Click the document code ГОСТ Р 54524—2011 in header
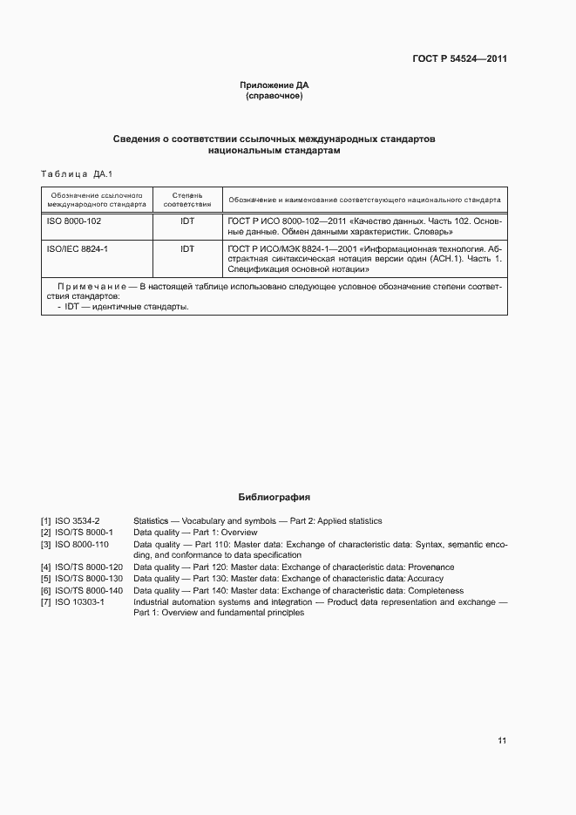(x=459, y=59)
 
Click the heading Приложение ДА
(x=274, y=85)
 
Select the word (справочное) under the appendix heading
(x=274, y=96)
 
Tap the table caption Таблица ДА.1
(x=78, y=173)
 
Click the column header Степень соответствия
(x=187, y=199)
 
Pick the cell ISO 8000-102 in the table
(x=74, y=221)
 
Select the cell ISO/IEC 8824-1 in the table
(x=77, y=248)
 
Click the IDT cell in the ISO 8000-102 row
(x=187, y=221)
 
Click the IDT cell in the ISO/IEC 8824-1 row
(x=187, y=248)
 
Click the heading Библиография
(x=274, y=497)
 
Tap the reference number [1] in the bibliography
(x=45, y=521)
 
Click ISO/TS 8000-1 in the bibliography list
(x=85, y=533)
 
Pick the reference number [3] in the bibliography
(x=45, y=544)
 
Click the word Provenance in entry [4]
(x=431, y=567)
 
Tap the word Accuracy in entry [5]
(x=425, y=579)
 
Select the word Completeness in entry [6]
(x=436, y=590)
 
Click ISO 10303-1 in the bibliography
(x=80, y=601)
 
